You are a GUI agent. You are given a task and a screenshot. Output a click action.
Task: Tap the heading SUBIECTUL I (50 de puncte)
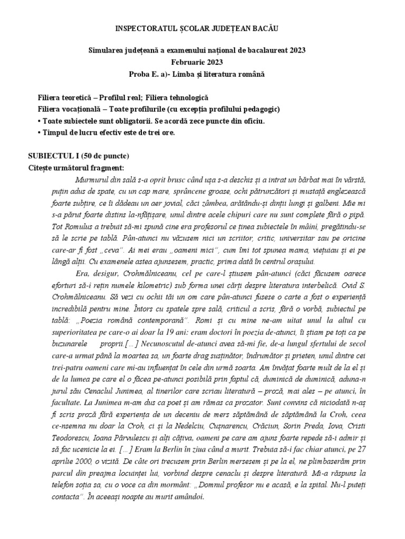click(78, 156)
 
